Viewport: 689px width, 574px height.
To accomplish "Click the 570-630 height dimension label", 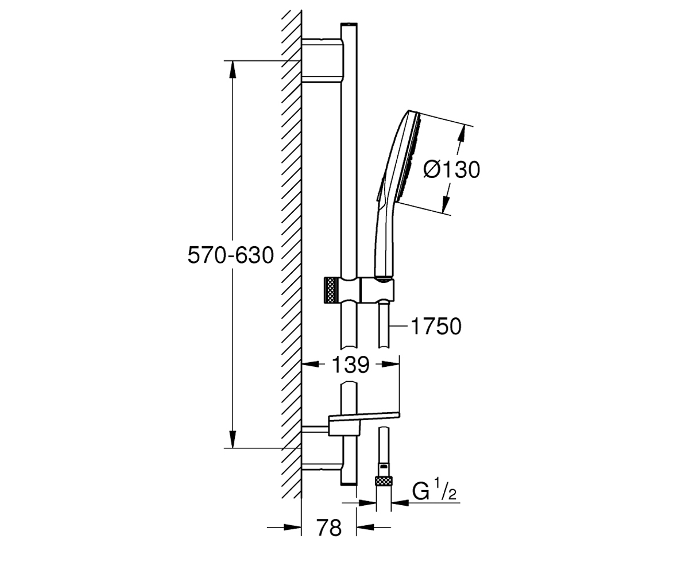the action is coord(231,255).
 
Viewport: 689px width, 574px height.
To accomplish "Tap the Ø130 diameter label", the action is coord(451,170).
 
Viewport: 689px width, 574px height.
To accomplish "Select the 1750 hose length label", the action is coord(436,326).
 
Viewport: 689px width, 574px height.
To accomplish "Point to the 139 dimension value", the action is coord(350,365).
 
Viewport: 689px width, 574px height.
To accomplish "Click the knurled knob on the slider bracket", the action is coord(331,289).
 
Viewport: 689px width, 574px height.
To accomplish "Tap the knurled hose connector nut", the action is coord(384,480).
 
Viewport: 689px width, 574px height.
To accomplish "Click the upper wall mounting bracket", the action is coord(323,60).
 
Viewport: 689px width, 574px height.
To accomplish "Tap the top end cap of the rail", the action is coord(349,25).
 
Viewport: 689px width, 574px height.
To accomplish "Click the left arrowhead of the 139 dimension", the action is coord(311,364).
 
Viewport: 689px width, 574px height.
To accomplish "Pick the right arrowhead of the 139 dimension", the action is coord(390,364).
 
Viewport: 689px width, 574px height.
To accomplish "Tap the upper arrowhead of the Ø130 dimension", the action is coord(462,133).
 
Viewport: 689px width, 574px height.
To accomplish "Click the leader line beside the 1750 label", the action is coord(398,326).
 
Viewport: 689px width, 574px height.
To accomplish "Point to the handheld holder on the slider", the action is coord(377,290).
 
